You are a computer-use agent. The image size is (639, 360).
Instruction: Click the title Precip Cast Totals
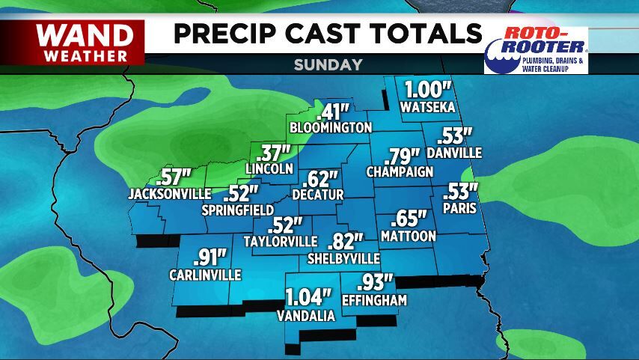point(328,34)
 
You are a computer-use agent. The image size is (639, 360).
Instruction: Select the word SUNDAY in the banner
point(328,64)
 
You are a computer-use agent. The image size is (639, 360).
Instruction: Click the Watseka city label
point(428,108)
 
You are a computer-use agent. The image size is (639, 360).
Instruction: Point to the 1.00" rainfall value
point(428,90)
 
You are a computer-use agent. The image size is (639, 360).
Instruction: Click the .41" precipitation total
point(333,112)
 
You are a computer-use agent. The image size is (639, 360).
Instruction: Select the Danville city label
point(454,153)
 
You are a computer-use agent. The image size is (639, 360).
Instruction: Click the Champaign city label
point(400,172)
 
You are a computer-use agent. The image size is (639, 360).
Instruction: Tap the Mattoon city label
point(408,236)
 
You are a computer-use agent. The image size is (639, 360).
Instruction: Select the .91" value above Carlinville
point(210,257)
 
